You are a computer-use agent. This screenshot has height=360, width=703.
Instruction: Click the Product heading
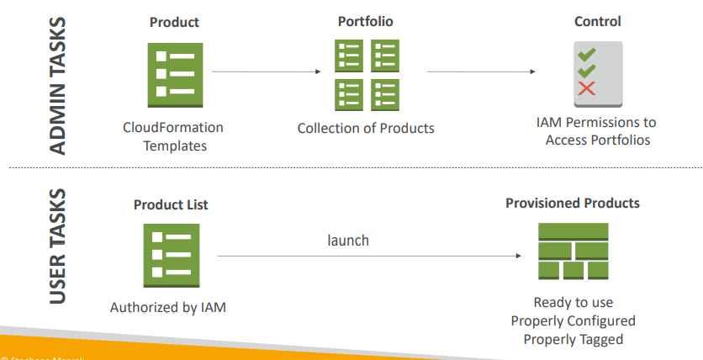[x=174, y=22]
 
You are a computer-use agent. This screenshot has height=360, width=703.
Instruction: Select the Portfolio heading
[x=365, y=21]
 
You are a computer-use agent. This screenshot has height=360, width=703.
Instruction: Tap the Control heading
[x=597, y=21]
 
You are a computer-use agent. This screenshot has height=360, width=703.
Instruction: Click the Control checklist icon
[x=598, y=74]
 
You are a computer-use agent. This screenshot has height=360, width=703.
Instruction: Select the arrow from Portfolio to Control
[x=481, y=72]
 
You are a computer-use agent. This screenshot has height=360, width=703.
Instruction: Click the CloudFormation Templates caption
[x=173, y=136]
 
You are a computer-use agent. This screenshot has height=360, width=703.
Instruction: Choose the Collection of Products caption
[x=366, y=129]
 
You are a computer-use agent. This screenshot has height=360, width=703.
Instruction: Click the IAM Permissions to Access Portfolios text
[x=598, y=131]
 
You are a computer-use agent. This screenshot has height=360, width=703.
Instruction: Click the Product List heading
[x=171, y=204]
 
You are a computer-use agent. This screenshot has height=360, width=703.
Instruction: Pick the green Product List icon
[x=172, y=255]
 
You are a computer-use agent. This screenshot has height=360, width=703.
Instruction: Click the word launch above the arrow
[x=348, y=241]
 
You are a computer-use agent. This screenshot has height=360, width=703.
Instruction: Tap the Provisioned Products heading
[x=573, y=204]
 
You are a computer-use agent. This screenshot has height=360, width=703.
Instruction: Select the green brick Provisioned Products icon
[x=573, y=251]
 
